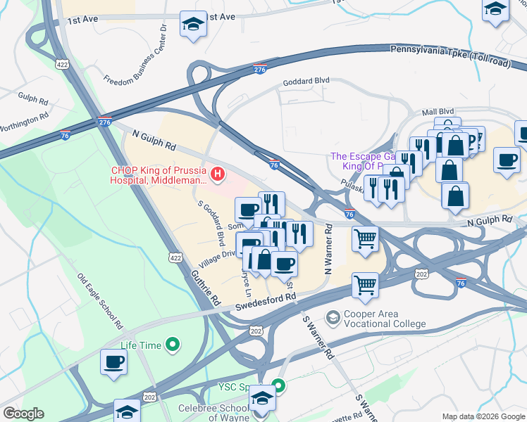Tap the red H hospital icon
point(219,173)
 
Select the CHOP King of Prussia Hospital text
point(159,175)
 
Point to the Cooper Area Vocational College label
point(385,319)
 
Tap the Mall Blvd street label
point(438,111)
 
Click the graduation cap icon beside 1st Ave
point(192,25)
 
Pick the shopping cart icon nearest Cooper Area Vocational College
point(365,285)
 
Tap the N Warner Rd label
point(328,250)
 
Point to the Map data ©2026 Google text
point(483,416)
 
